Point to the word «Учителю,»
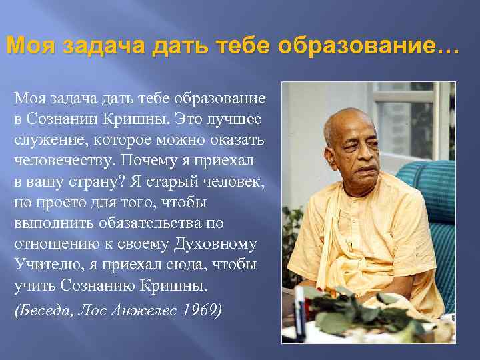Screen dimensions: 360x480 [x=45, y=265]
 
